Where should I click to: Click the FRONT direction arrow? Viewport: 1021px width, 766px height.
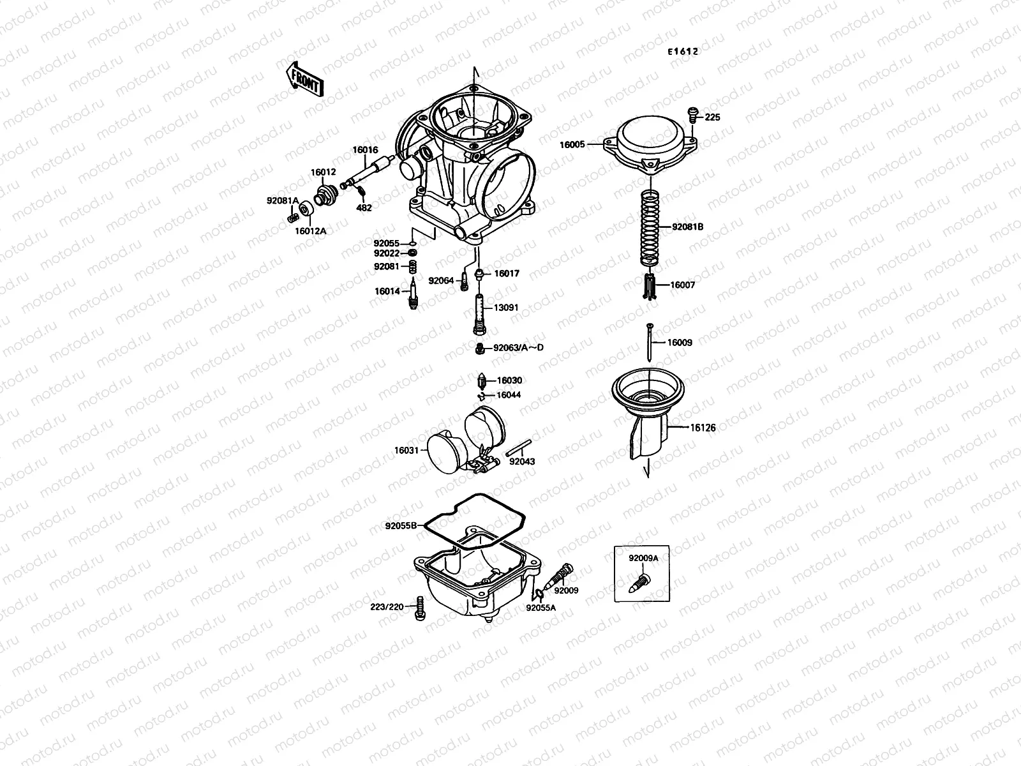(305, 79)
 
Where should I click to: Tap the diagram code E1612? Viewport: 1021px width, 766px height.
(683, 52)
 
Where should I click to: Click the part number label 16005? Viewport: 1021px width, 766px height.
(572, 145)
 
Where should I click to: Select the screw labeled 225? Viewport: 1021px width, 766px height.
(692, 114)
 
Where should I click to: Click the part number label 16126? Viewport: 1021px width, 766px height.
(703, 428)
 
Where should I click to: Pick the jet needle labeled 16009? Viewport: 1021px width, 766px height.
(649, 343)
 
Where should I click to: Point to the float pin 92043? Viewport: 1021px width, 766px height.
(519, 449)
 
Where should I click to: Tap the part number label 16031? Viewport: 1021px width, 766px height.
(406, 451)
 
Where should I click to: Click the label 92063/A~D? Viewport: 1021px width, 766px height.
(518, 348)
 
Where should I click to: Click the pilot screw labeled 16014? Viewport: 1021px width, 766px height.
(414, 292)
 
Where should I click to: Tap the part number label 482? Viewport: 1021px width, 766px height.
(364, 207)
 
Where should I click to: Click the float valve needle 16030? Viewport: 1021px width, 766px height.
(482, 382)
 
